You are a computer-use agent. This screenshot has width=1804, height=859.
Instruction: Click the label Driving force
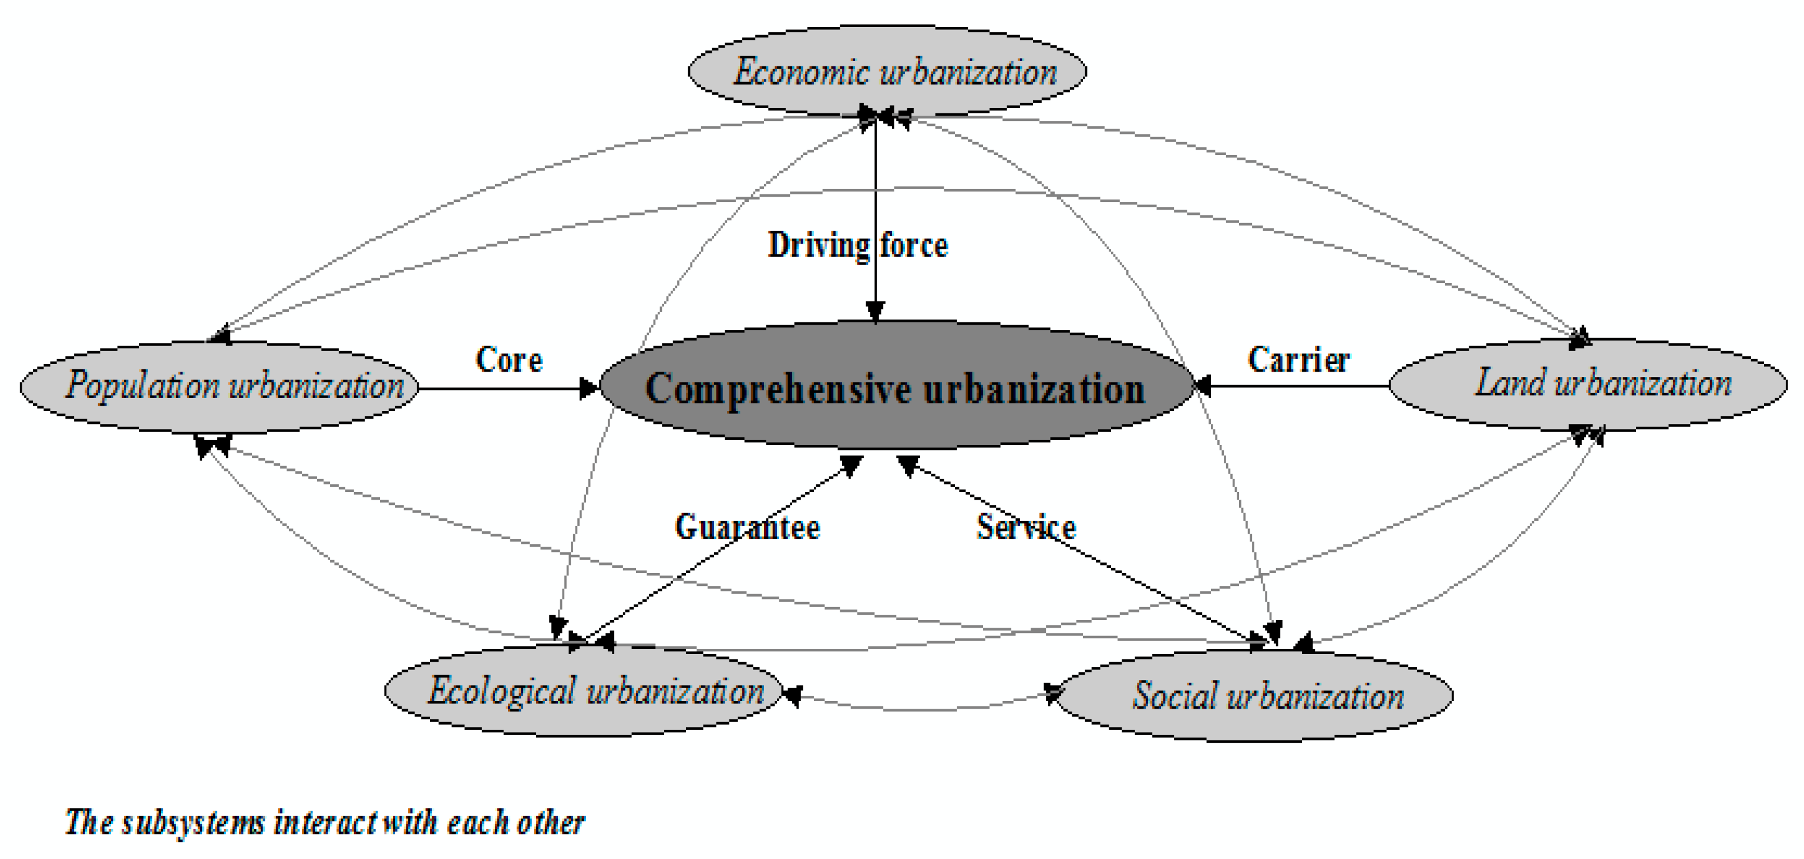[857, 245]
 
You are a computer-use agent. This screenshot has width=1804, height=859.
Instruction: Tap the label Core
[509, 360]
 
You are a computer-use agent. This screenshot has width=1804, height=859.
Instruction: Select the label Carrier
[1298, 360]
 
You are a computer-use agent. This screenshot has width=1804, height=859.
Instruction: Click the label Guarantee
[746, 527]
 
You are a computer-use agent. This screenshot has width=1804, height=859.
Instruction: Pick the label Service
[1026, 527]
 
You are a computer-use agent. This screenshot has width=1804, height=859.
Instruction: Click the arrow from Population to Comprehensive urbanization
[504, 389]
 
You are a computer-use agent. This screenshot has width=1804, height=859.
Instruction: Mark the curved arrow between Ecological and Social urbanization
[917, 709]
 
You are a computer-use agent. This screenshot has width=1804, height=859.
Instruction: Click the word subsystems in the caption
[193, 822]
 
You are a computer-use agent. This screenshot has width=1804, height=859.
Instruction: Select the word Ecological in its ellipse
[502, 692]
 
